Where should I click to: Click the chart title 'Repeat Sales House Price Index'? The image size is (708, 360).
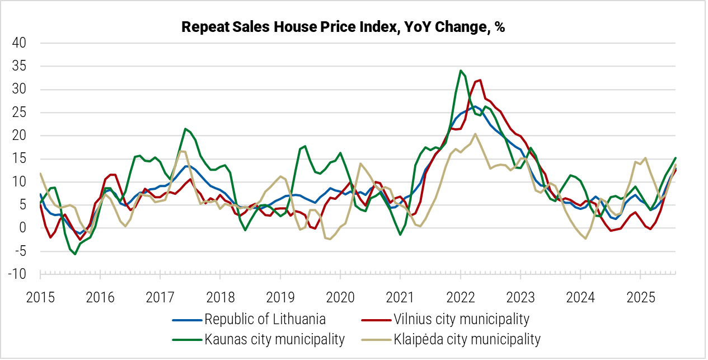(343, 27)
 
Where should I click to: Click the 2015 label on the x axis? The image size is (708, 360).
(40, 296)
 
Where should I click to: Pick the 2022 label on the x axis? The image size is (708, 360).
(460, 296)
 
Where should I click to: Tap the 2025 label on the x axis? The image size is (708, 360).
(640, 296)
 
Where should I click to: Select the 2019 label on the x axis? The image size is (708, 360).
(280, 296)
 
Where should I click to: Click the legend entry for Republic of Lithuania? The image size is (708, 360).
(265, 320)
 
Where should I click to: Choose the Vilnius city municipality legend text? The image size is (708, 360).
(461, 320)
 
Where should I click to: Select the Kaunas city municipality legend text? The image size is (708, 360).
(274, 339)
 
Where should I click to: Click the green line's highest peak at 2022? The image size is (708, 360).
(460, 71)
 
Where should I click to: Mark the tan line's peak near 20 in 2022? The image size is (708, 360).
(475, 134)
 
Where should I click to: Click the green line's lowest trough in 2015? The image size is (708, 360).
(75, 254)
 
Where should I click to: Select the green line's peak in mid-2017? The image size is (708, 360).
(185, 129)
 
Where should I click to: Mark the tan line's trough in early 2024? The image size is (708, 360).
(585, 239)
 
